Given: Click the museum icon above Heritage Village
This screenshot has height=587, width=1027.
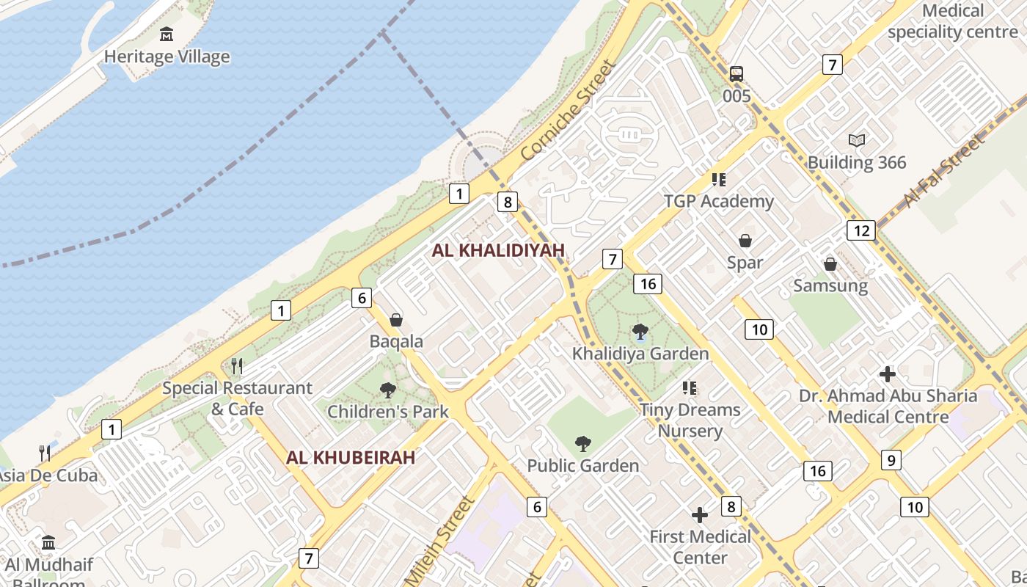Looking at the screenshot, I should click(x=167, y=34).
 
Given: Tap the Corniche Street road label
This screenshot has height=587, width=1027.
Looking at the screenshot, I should click(x=567, y=112).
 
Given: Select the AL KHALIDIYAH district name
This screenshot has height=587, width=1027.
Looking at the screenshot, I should click(x=498, y=250).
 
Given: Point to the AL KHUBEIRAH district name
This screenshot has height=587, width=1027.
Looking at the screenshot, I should click(x=351, y=458).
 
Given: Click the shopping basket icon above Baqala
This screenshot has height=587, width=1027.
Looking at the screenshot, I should click(x=396, y=320).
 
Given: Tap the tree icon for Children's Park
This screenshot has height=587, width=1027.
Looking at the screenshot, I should click(x=388, y=390).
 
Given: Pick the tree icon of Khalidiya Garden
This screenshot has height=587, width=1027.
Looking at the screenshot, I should click(x=640, y=332).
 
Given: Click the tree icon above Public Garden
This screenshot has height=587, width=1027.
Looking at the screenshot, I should click(x=583, y=443).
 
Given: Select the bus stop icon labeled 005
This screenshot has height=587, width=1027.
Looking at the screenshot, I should click(x=737, y=73).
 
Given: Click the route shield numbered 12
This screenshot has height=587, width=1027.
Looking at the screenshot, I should click(x=860, y=230).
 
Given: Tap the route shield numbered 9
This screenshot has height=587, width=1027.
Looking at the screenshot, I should click(x=891, y=460).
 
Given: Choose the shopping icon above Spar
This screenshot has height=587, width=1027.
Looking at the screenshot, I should click(x=745, y=241).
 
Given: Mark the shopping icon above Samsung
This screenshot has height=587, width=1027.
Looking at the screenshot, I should click(x=830, y=264).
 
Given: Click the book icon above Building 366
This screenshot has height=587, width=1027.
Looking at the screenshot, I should click(x=857, y=140).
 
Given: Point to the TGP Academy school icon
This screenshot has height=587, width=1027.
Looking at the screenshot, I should click(x=718, y=180).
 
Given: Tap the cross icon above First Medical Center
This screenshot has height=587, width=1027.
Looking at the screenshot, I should click(x=701, y=515).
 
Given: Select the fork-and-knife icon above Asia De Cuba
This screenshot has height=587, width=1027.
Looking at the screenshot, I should click(x=45, y=453).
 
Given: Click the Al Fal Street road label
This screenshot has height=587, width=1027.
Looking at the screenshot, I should click(x=944, y=172).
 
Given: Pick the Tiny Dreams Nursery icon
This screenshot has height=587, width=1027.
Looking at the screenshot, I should click(x=690, y=387).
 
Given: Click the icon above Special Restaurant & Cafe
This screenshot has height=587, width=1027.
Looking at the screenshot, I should click(x=237, y=365).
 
